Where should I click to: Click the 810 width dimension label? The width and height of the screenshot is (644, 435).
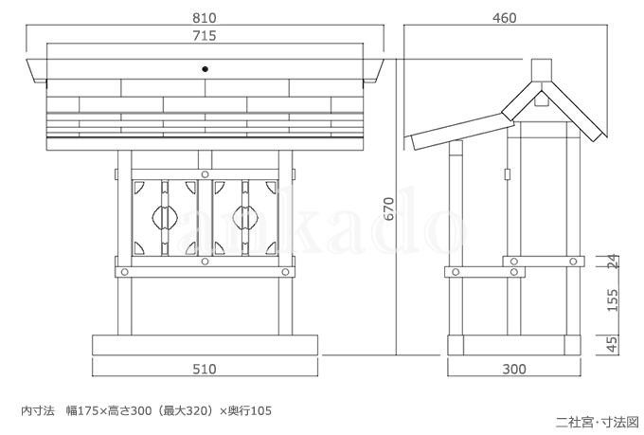(205, 18)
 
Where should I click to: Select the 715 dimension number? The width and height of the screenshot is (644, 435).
(205, 36)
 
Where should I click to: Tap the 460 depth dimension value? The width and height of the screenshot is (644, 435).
(505, 18)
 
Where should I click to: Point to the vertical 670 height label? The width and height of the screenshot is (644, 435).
(389, 208)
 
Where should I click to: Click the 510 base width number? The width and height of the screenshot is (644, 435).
(205, 369)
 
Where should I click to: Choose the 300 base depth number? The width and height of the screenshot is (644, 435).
(514, 369)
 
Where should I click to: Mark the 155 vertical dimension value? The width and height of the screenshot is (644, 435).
(612, 300)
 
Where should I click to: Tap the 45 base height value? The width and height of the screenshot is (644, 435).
(612, 345)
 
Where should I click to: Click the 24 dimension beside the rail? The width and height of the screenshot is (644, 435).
(612, 262)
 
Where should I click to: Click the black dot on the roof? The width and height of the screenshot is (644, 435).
(205, 69)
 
